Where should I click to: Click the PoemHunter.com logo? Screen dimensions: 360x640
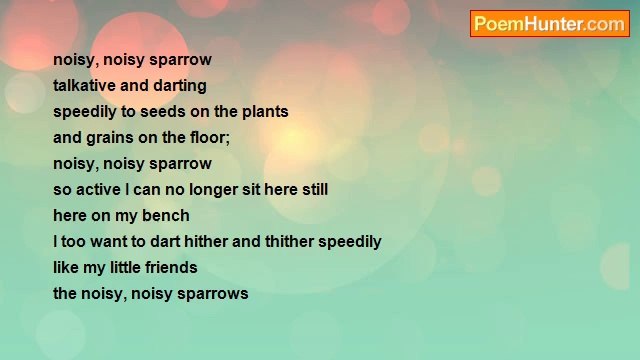tap(549, 24)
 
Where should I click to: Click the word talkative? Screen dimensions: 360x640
tap(84, 86)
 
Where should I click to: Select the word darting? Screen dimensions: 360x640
tap(180, 86)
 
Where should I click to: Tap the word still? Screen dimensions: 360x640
tap(312, 190)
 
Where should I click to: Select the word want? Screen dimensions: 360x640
tap(112, 242)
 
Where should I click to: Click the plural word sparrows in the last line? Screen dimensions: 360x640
tap(212, 294)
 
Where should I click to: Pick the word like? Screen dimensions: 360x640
tap(67, 268)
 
